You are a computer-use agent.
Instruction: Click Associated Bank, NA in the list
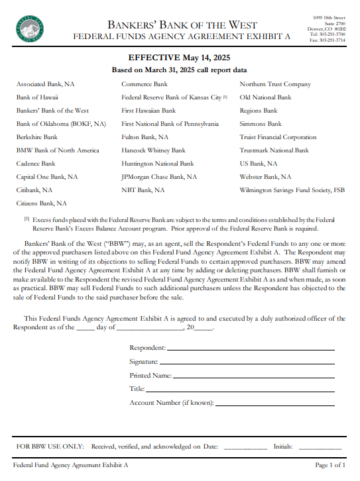[45, 84]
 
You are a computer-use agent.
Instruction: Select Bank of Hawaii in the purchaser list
[37, 97]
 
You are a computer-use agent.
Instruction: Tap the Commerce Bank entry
[144, 84]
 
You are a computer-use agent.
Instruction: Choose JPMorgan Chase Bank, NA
[158, 177]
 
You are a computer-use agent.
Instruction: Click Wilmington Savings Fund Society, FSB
[292, 190]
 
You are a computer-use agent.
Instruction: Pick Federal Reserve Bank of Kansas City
[171, 97]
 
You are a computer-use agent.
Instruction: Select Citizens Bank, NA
[41, 203]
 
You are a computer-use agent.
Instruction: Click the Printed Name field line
[253, 376]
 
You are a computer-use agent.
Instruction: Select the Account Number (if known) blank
[275, 403]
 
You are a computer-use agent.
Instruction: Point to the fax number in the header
[327, 40]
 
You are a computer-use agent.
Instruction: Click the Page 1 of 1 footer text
[330, 466]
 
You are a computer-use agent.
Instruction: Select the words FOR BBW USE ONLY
[49, 447]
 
